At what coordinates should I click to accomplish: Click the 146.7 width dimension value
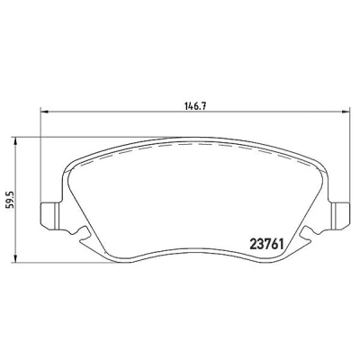(196, 105)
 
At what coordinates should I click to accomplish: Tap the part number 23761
(266, 245)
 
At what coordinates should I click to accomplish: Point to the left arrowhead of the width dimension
(44, 112)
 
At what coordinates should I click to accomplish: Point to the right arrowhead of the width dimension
(346, 112)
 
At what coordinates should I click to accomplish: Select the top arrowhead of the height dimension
(15, 141)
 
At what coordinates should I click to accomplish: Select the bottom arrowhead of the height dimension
(15, 259)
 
